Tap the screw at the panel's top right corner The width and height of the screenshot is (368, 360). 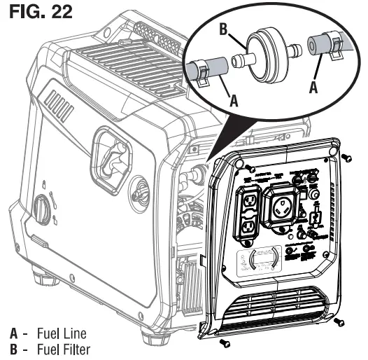point(345,159)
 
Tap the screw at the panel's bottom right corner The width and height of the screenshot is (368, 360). point(339,321)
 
